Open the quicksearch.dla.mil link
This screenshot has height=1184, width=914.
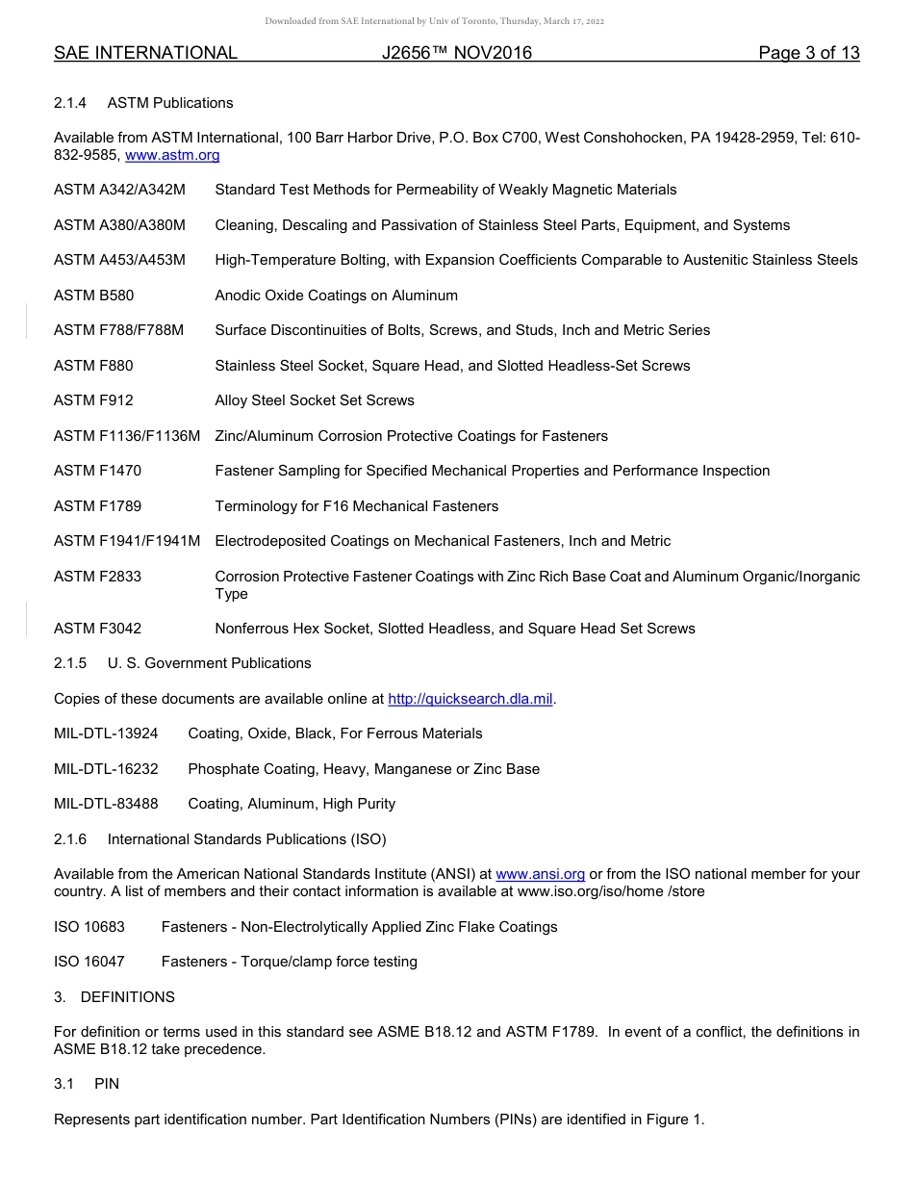[470, 699]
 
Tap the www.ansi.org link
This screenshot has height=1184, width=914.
[540, 874]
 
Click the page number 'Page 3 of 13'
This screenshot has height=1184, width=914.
[808, 53]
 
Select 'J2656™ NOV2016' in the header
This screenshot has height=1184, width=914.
[456, 53]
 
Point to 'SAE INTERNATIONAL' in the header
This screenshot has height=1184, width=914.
[145, 53]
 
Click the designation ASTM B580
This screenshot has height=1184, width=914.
[94, 296]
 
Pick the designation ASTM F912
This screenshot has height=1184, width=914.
[93, 400]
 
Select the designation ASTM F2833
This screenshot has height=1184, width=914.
[97, 577]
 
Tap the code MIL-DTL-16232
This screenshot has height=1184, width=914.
[106, 769]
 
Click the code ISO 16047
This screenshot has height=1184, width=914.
[89, 962]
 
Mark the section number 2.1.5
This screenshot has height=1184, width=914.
[70, 663]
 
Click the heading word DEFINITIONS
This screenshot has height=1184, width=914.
[127, 997]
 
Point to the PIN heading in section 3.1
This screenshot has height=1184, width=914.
[107, 1084]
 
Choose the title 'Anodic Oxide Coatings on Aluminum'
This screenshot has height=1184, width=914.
[336, 296]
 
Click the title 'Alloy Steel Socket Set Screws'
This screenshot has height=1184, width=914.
[315, 400]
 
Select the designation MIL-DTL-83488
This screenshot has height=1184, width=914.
[106, 804]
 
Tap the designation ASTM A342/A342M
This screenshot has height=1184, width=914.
[119, 190]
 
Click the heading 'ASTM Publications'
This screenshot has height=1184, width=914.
[170, 103]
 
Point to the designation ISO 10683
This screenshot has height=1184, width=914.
[89, 927]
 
